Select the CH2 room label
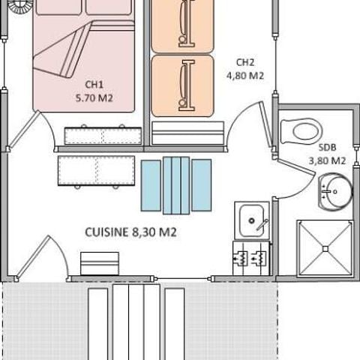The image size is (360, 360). (245, 62)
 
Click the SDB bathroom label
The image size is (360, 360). (326, 147)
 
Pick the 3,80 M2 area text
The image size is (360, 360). (327, 160)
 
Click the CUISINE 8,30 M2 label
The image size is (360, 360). (130, 232)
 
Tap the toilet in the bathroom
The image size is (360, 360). (301, 131)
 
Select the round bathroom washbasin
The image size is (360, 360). (333, 190)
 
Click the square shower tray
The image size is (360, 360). (324, 247)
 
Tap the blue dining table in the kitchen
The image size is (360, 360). (176, 185)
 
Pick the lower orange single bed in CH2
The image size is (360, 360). (182, 85)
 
